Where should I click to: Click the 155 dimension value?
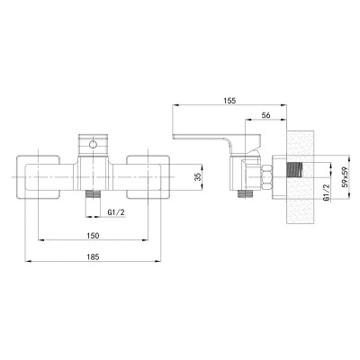coord(229,101)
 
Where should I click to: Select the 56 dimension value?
coord(265,115)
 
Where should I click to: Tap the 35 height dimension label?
coord(197,178)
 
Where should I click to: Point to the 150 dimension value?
coord(93,236)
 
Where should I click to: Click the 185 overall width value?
coord(93,256)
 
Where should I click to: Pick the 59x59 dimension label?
coord(346,177)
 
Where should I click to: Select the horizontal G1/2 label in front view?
coord(116,212)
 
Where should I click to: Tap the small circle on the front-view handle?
coord(94,145)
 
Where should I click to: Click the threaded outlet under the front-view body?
coord(94,193)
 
